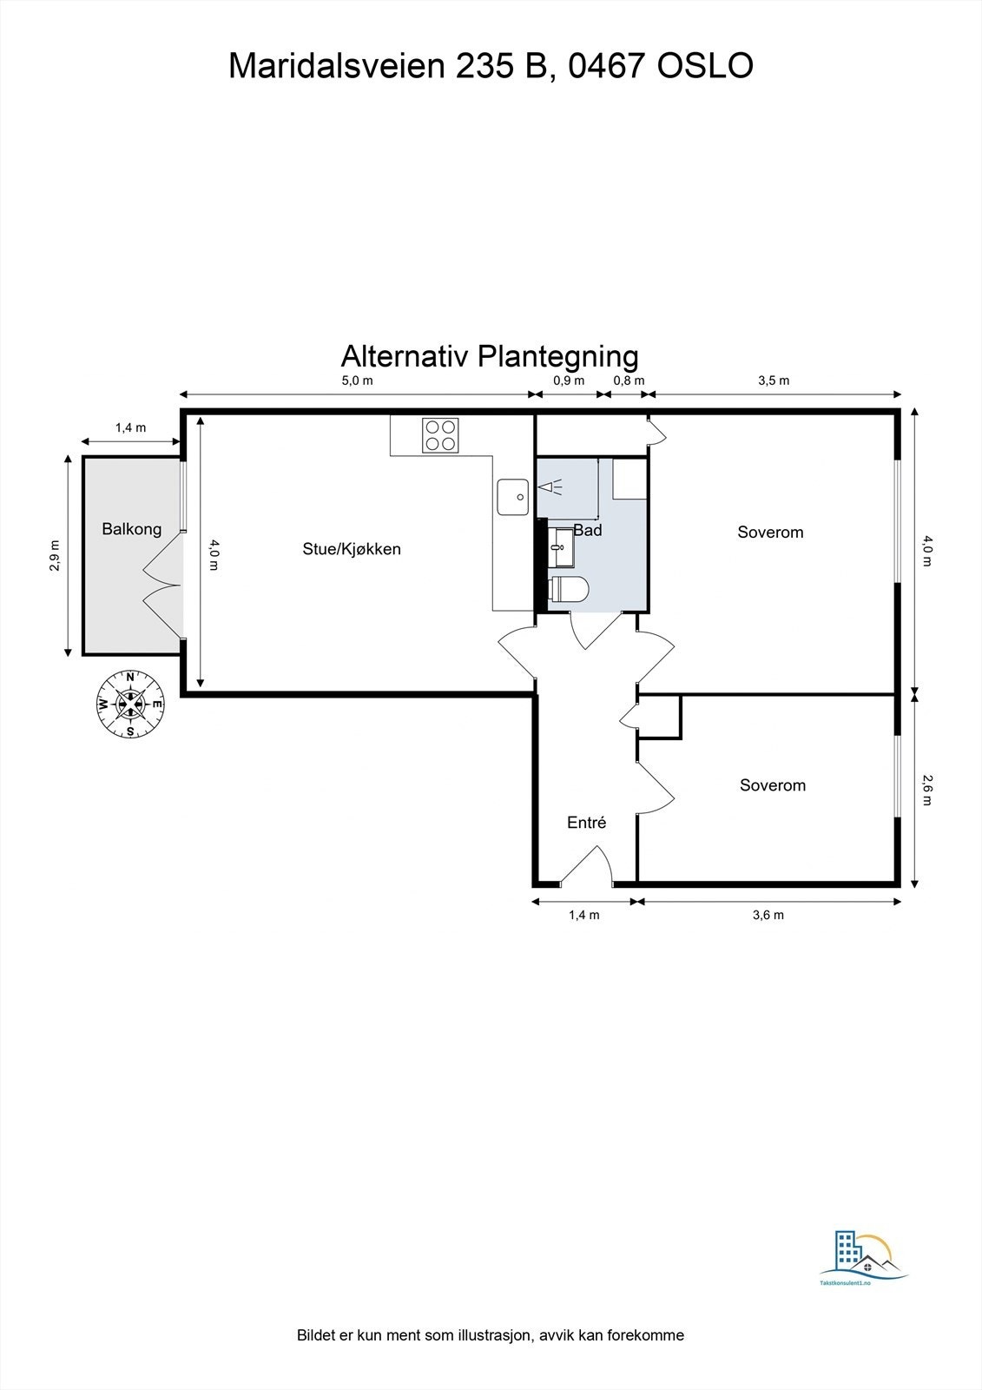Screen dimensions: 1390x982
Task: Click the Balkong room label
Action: [x=131, y=528]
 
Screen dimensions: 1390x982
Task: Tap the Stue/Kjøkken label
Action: [x=352, y=548]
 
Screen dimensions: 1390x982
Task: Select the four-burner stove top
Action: [x=440, y=434]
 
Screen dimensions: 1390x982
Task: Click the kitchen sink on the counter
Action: [x=512, y=497]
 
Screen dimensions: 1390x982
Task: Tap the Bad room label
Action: [x=588, y=530]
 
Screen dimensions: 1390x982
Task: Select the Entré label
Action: [x=586, y=822]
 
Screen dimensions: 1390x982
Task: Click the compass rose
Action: [x=130, y=704]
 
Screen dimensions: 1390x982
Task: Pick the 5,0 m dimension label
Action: [x=356, y=381]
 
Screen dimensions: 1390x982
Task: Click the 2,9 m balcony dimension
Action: [x=56, y=556]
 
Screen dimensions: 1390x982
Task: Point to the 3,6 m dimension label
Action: [x=768, y=915]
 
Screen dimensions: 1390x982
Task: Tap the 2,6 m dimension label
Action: [x=926, y=790]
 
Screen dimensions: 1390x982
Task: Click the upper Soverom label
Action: [x=770, y=532]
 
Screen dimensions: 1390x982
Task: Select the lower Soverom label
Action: [x=772, y=784]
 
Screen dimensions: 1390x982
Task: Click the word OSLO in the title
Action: [x=705, y=66]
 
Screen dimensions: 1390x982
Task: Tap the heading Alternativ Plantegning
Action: [x=490, y=355]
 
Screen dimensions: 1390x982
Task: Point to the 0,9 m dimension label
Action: [x=569, y=381]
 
